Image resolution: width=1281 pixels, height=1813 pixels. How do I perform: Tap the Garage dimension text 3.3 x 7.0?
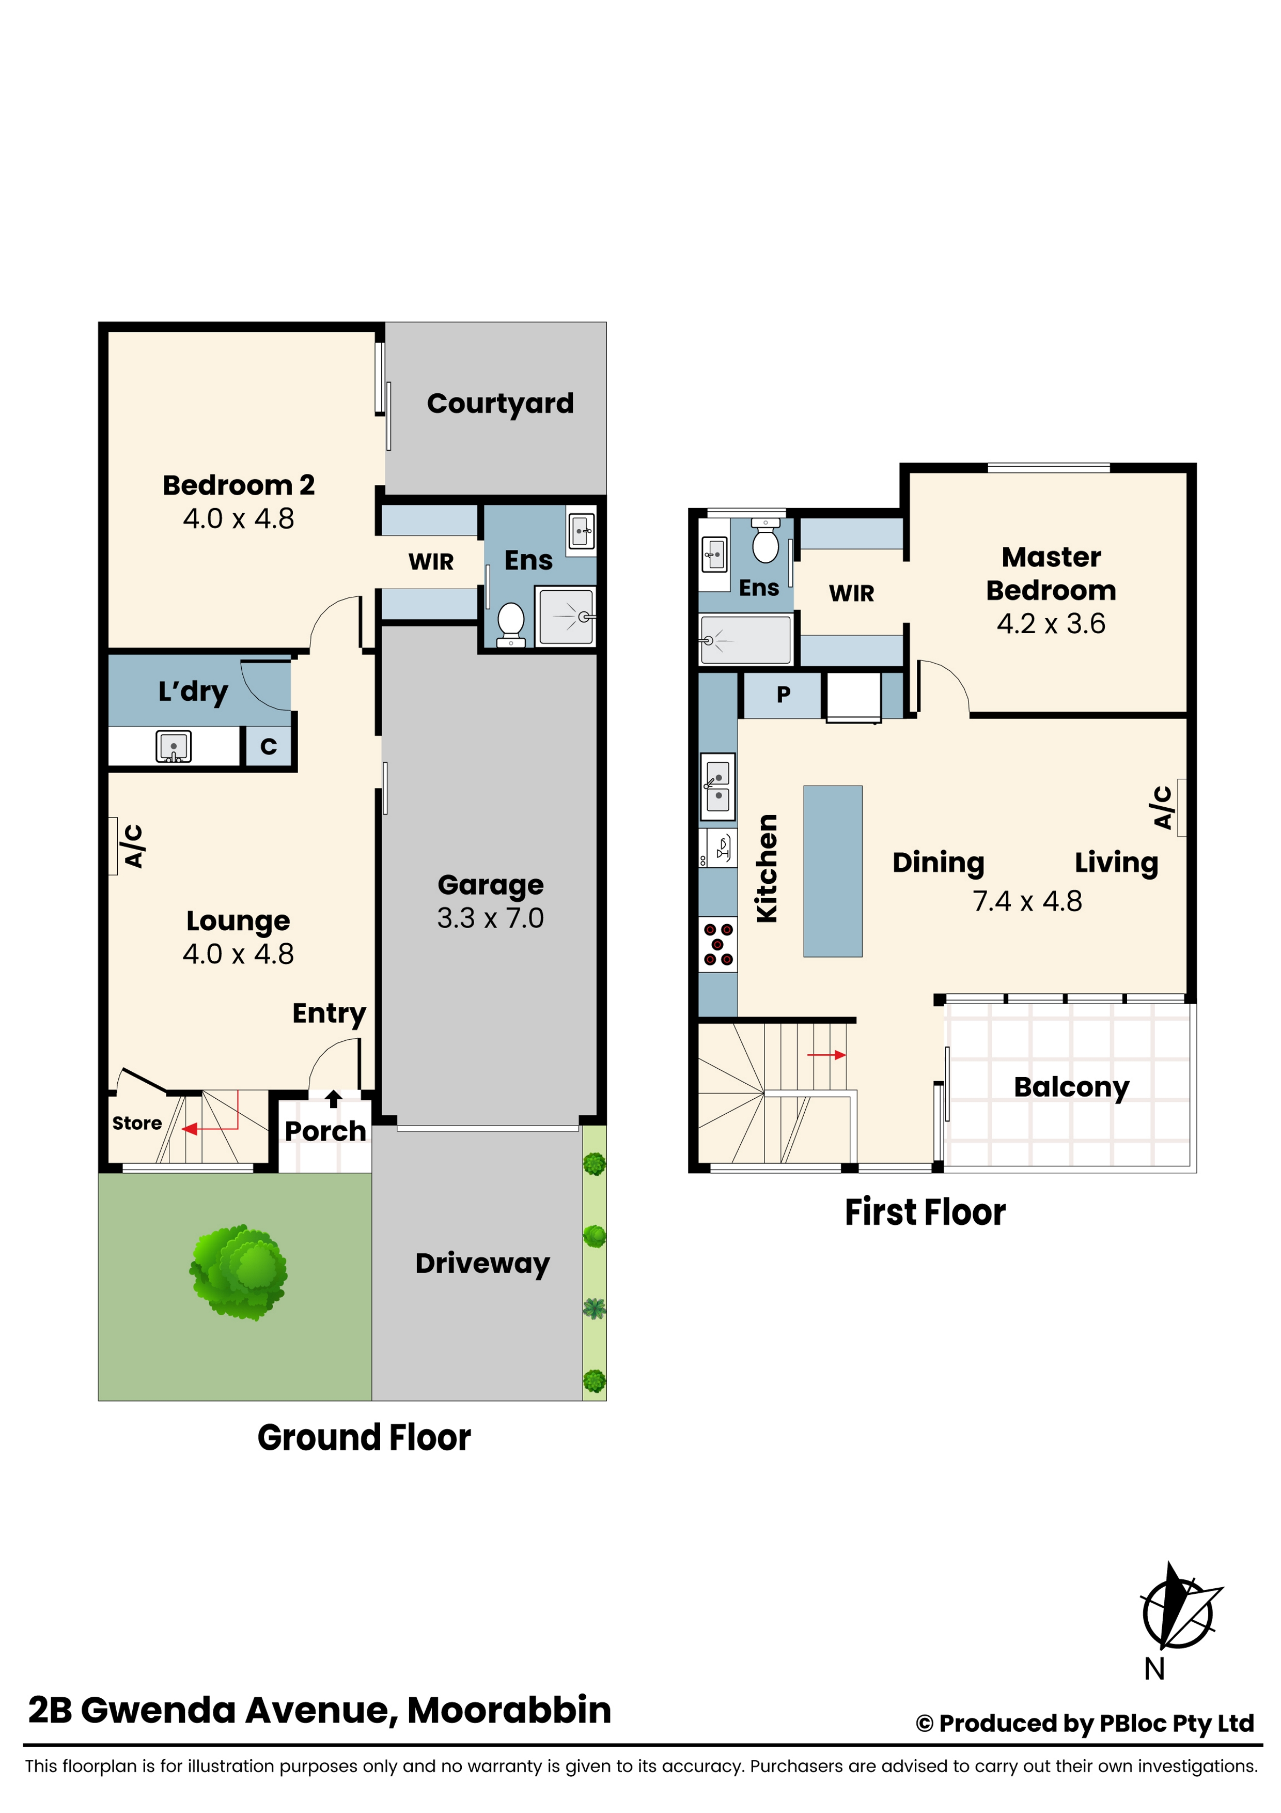tap(490, 917)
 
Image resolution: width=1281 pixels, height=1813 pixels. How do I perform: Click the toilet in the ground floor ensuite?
tap(511, 625)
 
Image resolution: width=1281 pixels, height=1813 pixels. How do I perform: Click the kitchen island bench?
tap(833, 871)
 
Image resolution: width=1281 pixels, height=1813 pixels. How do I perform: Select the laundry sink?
tap(173, 746)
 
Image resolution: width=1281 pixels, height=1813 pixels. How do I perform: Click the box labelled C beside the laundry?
tap(269, 746)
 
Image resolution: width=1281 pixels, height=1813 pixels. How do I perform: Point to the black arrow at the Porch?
tap(333, 1098)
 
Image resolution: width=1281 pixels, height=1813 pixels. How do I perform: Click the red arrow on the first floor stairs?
tap(826, 1055)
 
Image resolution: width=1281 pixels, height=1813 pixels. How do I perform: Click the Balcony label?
tap(1071, 1087)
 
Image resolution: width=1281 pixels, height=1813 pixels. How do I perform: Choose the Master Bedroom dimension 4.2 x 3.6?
tap(1051, 624)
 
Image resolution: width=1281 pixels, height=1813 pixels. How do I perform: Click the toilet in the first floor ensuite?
tap(765, 541)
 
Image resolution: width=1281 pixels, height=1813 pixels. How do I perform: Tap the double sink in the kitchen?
tap(717, 787)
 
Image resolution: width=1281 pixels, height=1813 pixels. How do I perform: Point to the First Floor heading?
tap(925, 1212)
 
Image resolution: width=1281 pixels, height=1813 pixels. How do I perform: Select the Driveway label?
tap(482, 1264)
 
